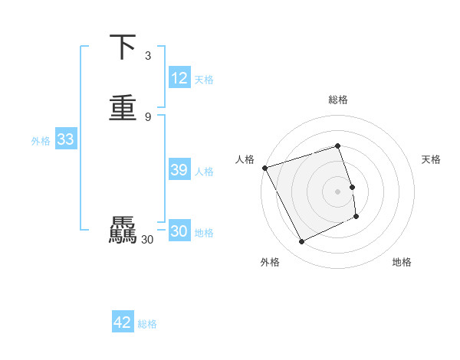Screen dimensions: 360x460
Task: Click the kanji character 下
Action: click(x=123, y=47)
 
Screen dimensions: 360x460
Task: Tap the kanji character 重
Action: click(x=123, y=107)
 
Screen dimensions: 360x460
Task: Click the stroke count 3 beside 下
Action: click(x=148, y=56)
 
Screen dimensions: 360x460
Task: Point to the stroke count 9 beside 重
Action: click(x=148, y=116)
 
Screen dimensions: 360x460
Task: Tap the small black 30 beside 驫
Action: click(x=148, y=240)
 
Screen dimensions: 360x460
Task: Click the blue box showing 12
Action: click(x=179, y=78)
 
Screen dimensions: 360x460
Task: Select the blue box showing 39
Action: click(x=179, y=170)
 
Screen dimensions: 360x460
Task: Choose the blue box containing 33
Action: click(x=65, y=140)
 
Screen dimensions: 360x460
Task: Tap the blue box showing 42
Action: click(x=123, y=322)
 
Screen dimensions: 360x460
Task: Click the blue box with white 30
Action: click(x=179, y=231)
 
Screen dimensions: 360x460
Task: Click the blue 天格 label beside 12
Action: click(x=204, y=80)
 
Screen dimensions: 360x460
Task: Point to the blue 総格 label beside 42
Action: click(x=147, y=324)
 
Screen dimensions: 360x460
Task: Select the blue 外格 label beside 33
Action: click(x=41, y=141)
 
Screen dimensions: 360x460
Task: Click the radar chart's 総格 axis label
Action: click(x=338, y=100)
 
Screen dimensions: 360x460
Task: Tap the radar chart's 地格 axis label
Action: click(x=402, y=262)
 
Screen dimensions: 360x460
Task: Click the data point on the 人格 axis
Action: click(x=264, y=168)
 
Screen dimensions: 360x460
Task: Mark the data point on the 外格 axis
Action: click(x=301, y=242)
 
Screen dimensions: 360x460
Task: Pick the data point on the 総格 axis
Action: click(x=338, y=146)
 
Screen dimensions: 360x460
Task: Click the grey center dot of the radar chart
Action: click(x=338, y=191)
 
